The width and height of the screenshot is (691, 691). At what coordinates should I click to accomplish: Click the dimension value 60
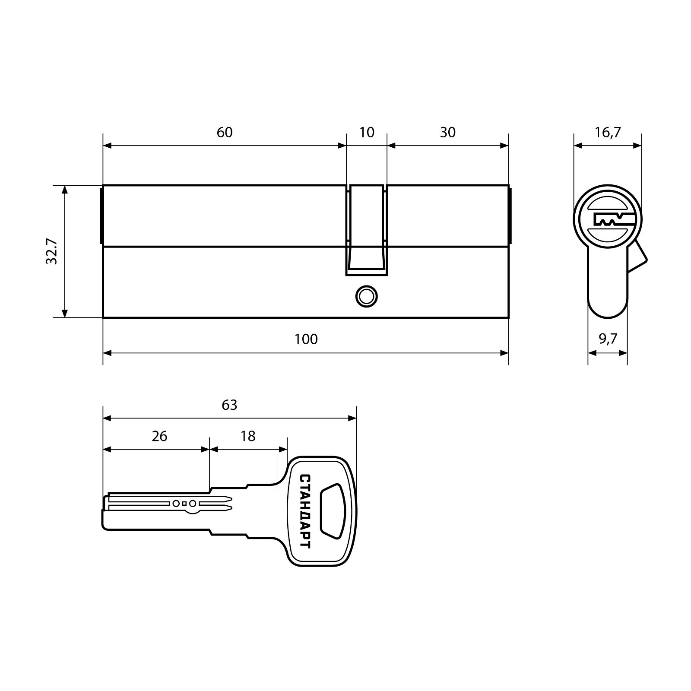point(225,132)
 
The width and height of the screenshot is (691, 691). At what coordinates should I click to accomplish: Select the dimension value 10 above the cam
point(367,132)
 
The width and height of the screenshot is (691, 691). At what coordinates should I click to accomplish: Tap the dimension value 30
point(448,132)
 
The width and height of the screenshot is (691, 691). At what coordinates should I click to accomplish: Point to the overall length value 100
point(306,339)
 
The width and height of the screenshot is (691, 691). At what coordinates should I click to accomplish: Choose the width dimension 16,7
point(608,132)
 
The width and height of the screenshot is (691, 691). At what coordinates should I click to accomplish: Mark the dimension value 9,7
point(608,339)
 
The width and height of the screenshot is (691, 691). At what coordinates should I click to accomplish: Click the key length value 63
point(229,405)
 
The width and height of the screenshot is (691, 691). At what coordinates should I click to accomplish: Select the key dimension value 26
point(159,436)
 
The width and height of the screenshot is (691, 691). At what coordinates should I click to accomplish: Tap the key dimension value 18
point(248,436)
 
